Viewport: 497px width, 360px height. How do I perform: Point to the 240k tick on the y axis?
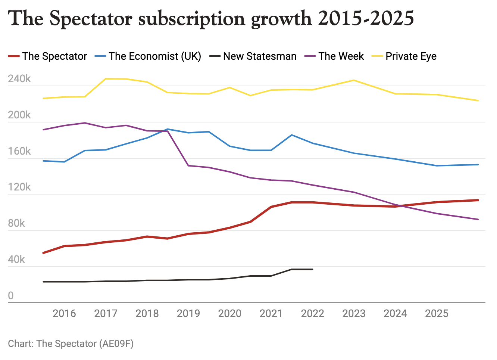[x=19, y=79]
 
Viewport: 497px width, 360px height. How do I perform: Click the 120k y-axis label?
[x=19, y=187]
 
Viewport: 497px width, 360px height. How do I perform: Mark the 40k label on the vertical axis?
[x=16, y=260]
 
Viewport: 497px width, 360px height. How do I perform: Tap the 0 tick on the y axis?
[x=11, y=295]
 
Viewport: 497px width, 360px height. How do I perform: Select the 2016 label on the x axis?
[x=64, y=313]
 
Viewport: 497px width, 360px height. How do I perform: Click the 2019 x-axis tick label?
[x=188, y=313]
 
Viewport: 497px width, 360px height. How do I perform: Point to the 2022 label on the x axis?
[x=312, y=313]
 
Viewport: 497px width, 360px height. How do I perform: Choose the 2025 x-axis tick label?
[x=437, y=313]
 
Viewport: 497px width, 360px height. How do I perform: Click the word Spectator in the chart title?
[x=91, y=19]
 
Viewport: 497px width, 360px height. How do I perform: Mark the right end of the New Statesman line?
[x=313, y=269]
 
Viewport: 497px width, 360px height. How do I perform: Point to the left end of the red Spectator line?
[x=43, y=253]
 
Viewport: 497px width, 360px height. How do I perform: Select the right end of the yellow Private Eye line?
[x=478, y=100]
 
